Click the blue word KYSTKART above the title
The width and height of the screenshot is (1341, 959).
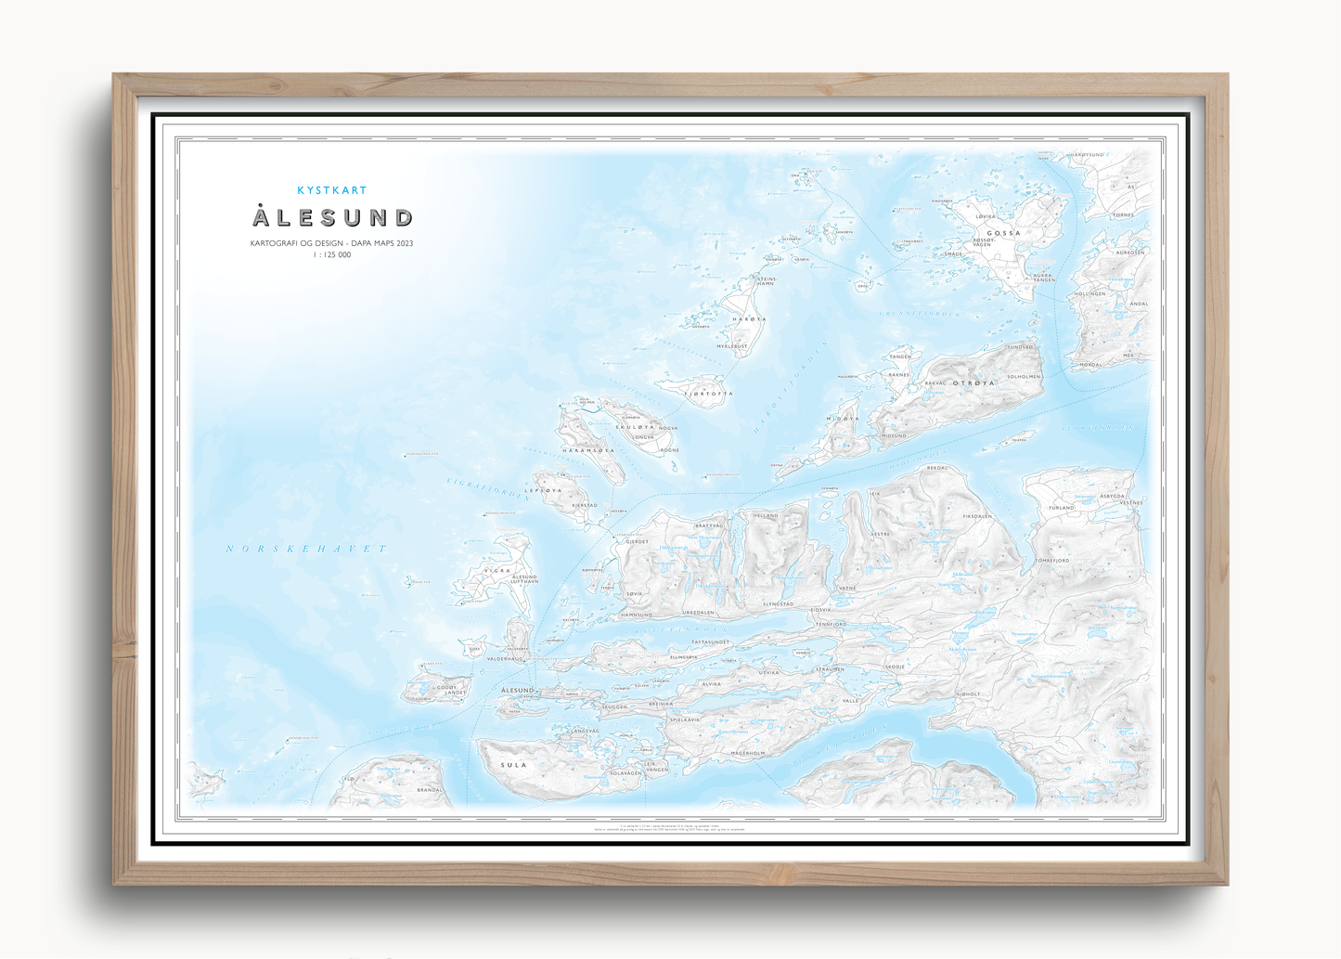[x=332, y=190]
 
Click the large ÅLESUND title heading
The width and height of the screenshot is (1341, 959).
[x=332, y=218]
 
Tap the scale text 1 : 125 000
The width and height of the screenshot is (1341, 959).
[x=332, y=255]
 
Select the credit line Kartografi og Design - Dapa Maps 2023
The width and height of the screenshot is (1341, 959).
[x=332, y=243]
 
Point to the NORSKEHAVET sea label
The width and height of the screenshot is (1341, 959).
[x=306, y=549]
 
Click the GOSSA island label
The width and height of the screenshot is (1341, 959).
[x=1003, y=233]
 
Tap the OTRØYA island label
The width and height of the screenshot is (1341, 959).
[x=974, y=382]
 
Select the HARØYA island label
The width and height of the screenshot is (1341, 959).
[x=750, y=319]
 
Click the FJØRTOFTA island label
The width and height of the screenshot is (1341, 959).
[x=709, y=394]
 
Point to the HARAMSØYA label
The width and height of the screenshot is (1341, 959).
[x=588, y=450]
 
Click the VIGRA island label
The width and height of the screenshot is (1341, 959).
[x=497, y=571]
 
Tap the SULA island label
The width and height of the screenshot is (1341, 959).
[x=514, y=765]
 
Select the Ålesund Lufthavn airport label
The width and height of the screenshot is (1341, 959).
[x=525, y=579]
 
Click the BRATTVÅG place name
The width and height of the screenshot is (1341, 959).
[x=709, y=525]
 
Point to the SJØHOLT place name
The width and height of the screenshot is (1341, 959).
[x=968, y=693]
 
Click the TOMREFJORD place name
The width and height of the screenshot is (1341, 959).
[x=1052, y=561]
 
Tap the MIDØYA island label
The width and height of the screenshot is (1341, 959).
[x=844, y=419]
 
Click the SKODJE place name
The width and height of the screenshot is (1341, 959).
[x=895, y=667]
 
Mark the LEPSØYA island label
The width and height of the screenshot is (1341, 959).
[x=544, y=490]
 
